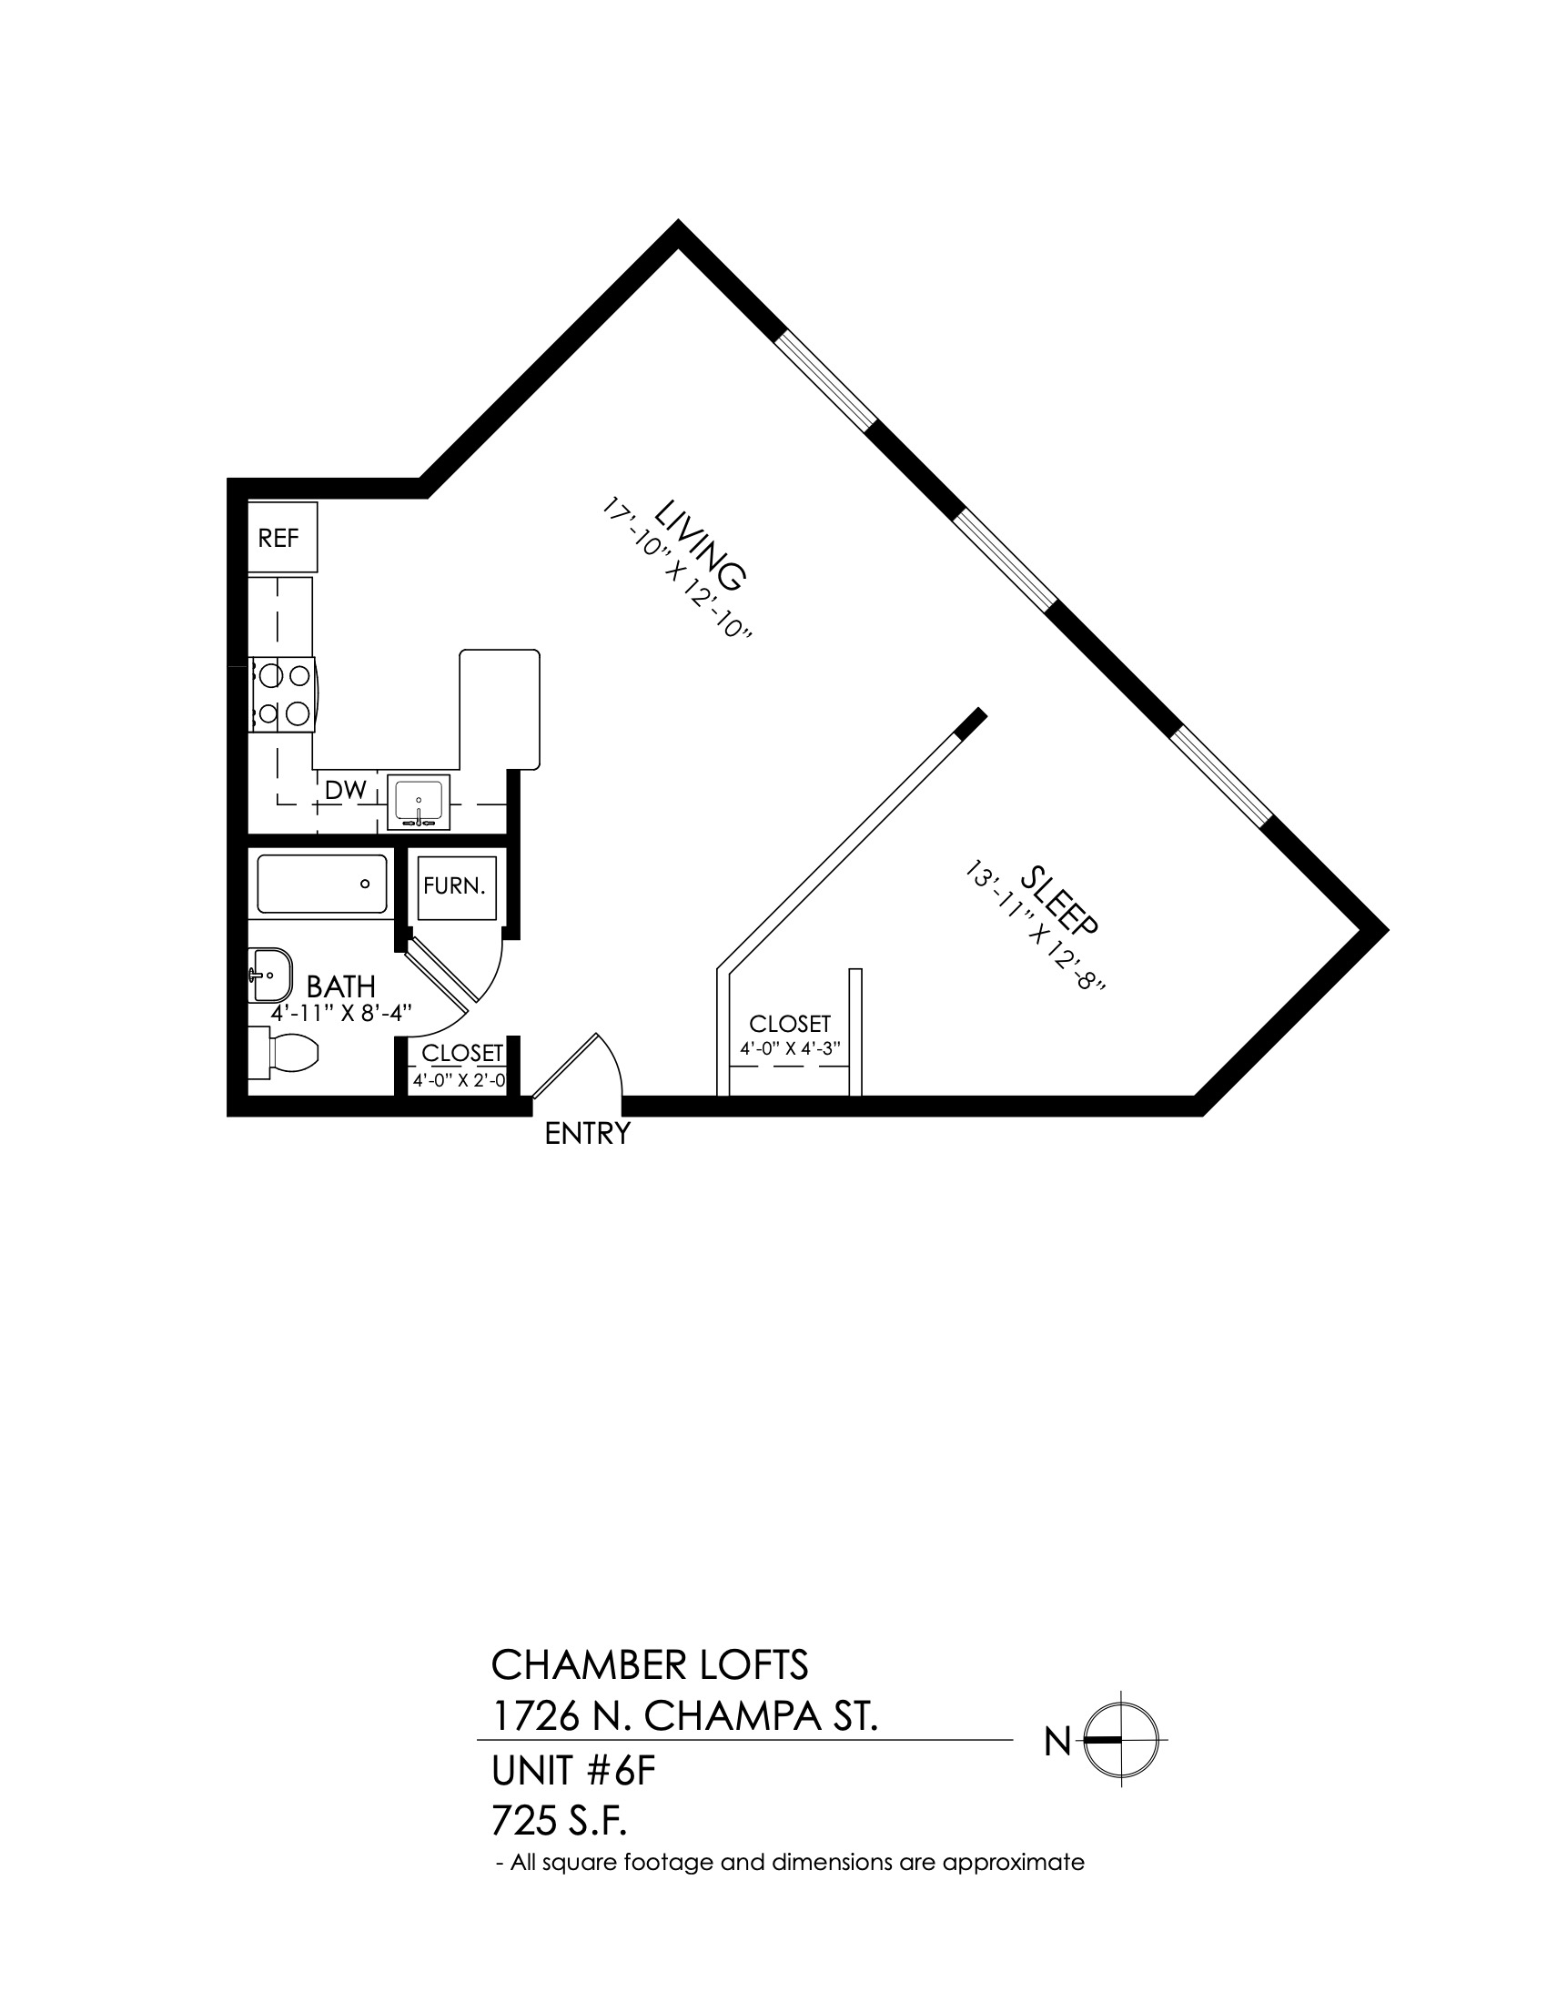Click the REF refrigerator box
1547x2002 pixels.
click(282, 537)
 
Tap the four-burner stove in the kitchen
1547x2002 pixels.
click(283, 694)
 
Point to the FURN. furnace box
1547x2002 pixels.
click(457, 887)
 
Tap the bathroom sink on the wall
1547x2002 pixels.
click(269, 976)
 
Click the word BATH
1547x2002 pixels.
click(341, 986)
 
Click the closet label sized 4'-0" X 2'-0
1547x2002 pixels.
click(460, 1081)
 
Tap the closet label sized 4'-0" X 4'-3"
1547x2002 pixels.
click(790, 1048)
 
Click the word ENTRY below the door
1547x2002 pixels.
click(588, 1134)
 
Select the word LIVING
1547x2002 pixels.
click(701, 544)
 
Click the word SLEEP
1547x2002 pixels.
click(1058, 900)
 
